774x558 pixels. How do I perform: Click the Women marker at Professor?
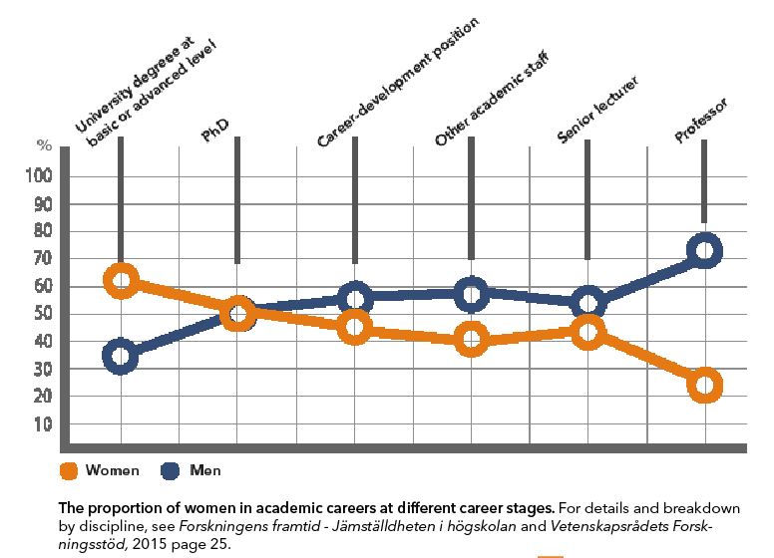point(704,385)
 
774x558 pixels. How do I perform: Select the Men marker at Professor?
point(704,250)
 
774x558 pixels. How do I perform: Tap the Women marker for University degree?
point(121,281)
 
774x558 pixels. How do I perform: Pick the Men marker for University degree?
point(121,356)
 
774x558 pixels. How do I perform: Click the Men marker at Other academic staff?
point(471,294)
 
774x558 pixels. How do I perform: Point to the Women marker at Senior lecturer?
point(587,333)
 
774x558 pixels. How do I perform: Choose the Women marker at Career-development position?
point(354,327)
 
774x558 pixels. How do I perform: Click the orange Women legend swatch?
point(68,470)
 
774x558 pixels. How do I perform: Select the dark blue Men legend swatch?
point(169,470)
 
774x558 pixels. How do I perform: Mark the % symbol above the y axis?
point(44,145)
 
